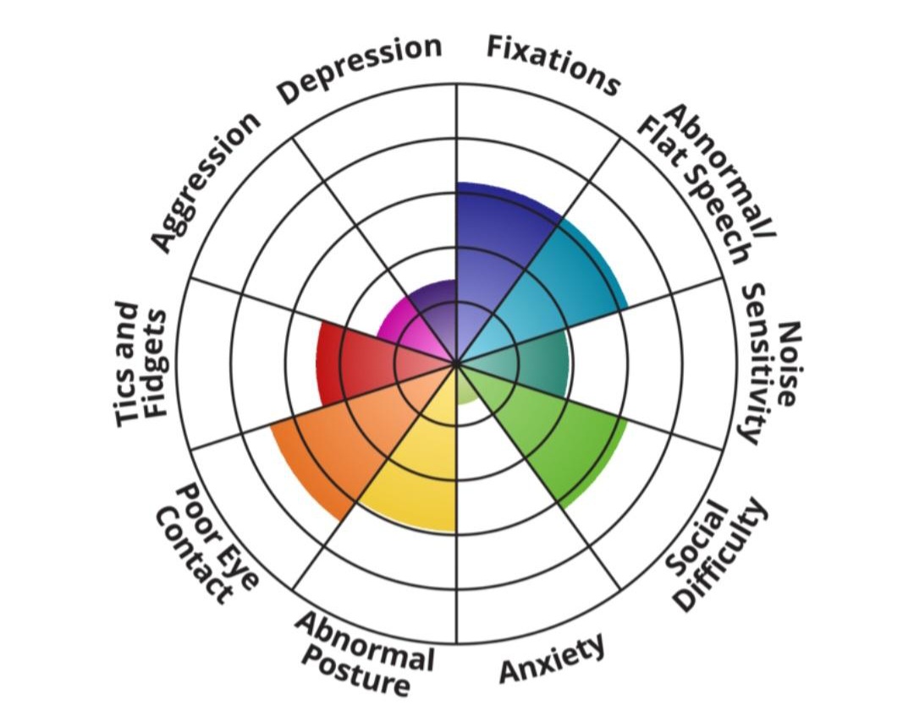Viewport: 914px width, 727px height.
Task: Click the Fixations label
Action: coord(553,64)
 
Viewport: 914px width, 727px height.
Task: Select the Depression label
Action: coord(359,68)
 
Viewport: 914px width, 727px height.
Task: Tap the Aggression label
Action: coord(205,180)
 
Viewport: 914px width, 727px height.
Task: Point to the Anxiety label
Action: coord(552,658)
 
